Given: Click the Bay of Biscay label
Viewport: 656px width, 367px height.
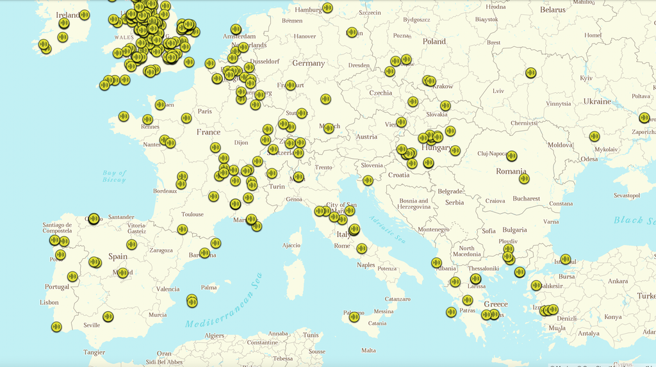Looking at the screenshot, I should [115, 176].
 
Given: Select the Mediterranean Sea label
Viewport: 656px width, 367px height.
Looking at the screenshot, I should [224, 300].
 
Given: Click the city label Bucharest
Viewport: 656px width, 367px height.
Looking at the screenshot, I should [526, 199].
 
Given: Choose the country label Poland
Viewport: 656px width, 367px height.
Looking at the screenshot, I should [434, 41].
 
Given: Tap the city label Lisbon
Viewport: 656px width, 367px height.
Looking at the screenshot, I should [49, 302].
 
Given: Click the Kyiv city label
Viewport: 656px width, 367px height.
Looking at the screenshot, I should [586, 77].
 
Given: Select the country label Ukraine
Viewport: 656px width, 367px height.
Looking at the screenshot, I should [597, 101].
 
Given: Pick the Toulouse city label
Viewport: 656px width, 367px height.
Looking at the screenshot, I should [192, 215].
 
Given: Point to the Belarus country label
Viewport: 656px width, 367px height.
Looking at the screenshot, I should [552, 10].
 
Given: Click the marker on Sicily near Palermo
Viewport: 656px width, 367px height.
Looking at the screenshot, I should [354, 316].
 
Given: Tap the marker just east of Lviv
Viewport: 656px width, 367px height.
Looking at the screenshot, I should [530, 73].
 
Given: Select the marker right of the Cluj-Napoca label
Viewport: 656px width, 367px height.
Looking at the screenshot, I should [511, 156].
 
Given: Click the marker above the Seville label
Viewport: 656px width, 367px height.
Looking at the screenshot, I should [108, 316].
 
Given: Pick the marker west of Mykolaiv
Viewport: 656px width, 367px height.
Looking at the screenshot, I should [594, 136].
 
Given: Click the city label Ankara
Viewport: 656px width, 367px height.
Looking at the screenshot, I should [618, 281].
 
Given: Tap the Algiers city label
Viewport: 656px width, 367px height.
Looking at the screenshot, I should [214, 336].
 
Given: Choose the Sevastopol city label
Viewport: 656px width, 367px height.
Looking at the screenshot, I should [627, 195].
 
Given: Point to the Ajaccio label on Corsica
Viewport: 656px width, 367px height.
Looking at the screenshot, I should [291, 245].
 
